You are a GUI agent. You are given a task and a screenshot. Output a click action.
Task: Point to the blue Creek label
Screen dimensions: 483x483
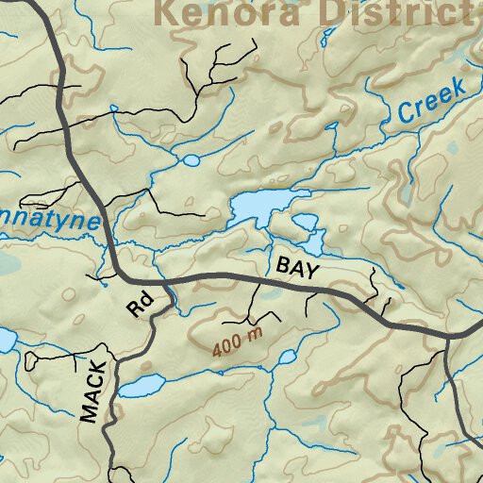click(431, 101)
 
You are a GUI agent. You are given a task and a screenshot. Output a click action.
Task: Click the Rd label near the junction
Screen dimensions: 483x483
click(140, 305)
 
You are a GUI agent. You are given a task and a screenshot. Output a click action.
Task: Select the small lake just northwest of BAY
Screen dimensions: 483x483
click(305, 223)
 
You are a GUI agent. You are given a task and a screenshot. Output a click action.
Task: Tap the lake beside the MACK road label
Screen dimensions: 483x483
click(140, 387)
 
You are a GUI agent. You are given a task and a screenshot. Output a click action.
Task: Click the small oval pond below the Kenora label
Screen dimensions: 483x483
click(191, 160)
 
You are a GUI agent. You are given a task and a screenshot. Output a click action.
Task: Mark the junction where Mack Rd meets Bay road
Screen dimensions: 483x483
click(162, 280)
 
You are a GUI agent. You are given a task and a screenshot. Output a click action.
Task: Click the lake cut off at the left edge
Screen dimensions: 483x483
click(4, 341)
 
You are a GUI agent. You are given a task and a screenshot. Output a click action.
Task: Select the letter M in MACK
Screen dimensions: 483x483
click(90, 412)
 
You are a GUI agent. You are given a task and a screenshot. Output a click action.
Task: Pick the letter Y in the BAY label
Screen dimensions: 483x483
click(312, 270)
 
